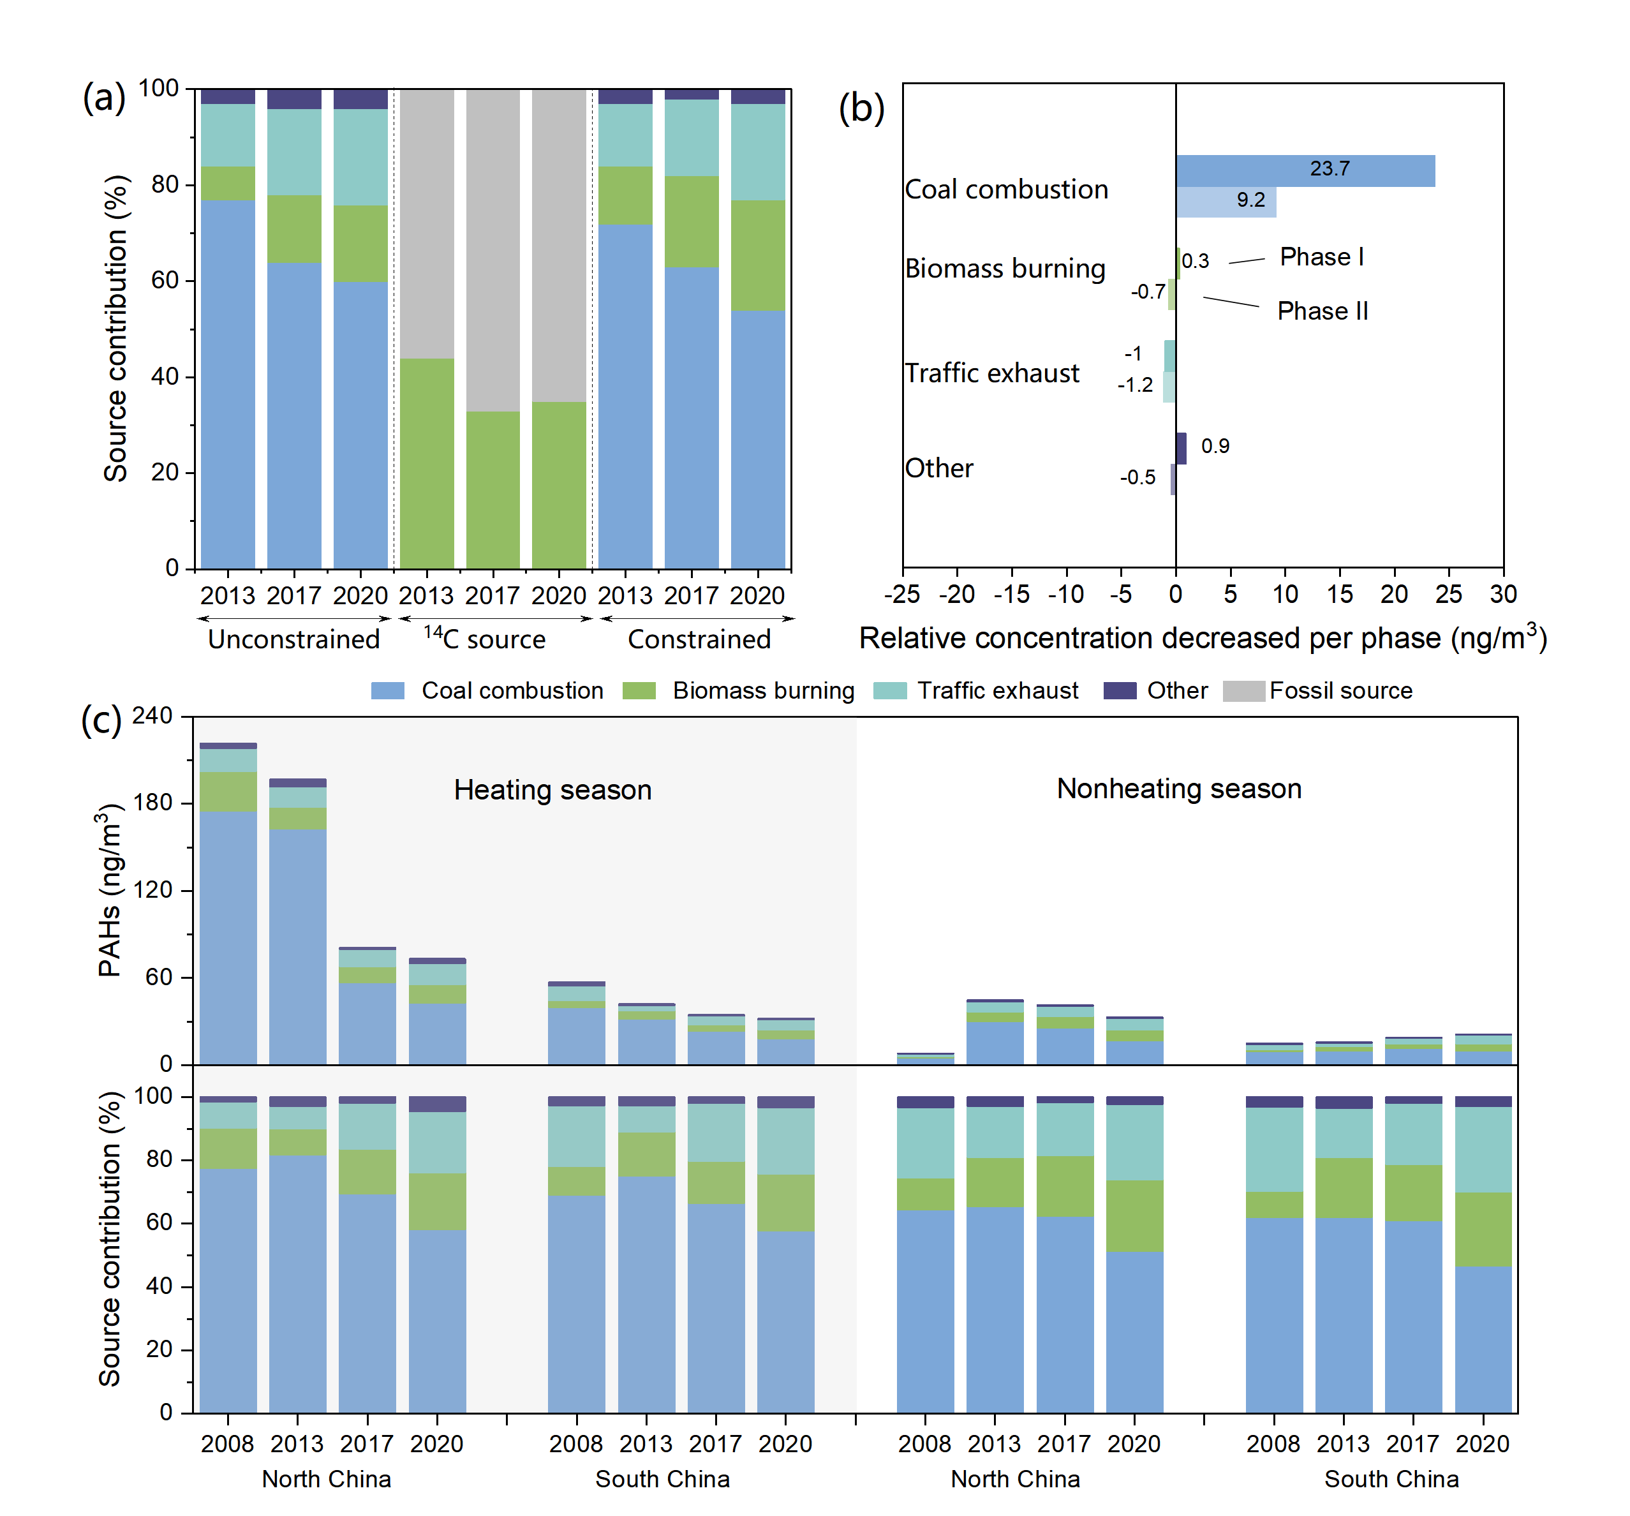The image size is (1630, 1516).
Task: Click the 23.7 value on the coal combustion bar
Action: tap(1329, 169)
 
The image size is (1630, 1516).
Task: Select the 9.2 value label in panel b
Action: tap(1250, 200)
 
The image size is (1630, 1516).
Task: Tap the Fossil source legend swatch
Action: tap(1243, 691)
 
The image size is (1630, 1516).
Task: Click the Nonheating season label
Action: tap(1178, 789)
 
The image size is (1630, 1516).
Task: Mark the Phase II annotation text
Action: tap(1323, 311)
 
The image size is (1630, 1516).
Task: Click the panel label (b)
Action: tap(861, 108)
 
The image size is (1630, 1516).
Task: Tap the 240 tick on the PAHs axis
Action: tap(152, 716)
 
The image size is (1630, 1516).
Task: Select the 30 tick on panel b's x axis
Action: tap(1503, 595)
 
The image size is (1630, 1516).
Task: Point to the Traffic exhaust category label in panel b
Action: tap(992, 374)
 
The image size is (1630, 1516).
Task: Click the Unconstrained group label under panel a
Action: tap(293, 639)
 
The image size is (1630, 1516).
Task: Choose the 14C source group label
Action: tap(485, 639)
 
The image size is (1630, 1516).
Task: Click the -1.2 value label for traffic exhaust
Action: tap(1135, 385)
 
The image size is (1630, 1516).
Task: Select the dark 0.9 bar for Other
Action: tap(1181, 449)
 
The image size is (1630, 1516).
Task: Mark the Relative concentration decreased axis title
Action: tap(1202, 639)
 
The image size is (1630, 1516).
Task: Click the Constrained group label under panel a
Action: tap(699, 639)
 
